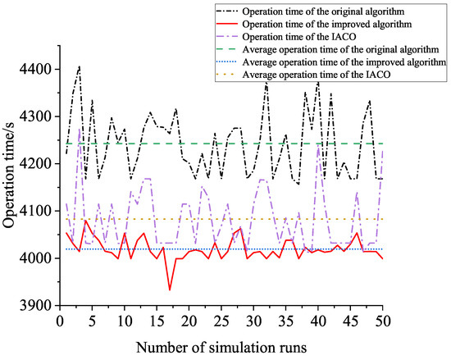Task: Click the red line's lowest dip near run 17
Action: tap(170, 289)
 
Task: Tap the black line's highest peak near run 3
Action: tap(80, 66)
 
